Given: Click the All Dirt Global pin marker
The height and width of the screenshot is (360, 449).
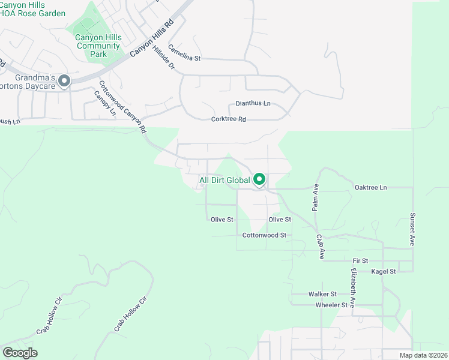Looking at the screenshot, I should [x=260, y=179].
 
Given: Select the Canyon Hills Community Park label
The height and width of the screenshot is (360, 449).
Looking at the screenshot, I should [x=98, y=46].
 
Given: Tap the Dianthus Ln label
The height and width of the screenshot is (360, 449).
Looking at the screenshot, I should [x=253, y=103].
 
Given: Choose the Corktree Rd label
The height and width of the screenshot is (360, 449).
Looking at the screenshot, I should [x=229, y=119].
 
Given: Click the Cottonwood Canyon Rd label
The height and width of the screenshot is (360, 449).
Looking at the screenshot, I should [x=122, y=107].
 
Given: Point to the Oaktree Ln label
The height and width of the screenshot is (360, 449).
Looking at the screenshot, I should [x=371, y=188].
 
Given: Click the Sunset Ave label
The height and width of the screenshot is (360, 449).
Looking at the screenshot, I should [x=412, y=230].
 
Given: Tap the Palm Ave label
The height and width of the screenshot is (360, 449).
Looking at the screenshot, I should [x=314, y=197].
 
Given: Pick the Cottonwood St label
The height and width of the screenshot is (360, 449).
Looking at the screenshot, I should [x=264, y=235].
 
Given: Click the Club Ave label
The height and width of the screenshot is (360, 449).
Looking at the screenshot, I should [x=320, y=247].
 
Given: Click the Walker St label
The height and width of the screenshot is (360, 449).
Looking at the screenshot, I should [x=322, y=295].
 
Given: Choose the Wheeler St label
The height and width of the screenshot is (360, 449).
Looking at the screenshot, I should [x=332, y=305].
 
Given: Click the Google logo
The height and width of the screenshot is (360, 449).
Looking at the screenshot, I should [x=20, y=353].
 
